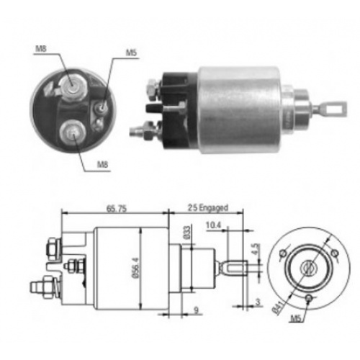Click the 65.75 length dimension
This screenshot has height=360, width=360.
117,209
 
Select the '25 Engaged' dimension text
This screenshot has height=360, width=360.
208,207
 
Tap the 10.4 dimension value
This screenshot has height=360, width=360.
213,225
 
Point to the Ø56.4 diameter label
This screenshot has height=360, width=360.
135,268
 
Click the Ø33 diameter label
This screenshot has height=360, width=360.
186,233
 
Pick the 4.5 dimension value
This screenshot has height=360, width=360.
256,250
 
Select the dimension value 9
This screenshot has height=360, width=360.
197,310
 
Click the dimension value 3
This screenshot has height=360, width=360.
258,302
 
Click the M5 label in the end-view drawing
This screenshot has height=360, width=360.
296,318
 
